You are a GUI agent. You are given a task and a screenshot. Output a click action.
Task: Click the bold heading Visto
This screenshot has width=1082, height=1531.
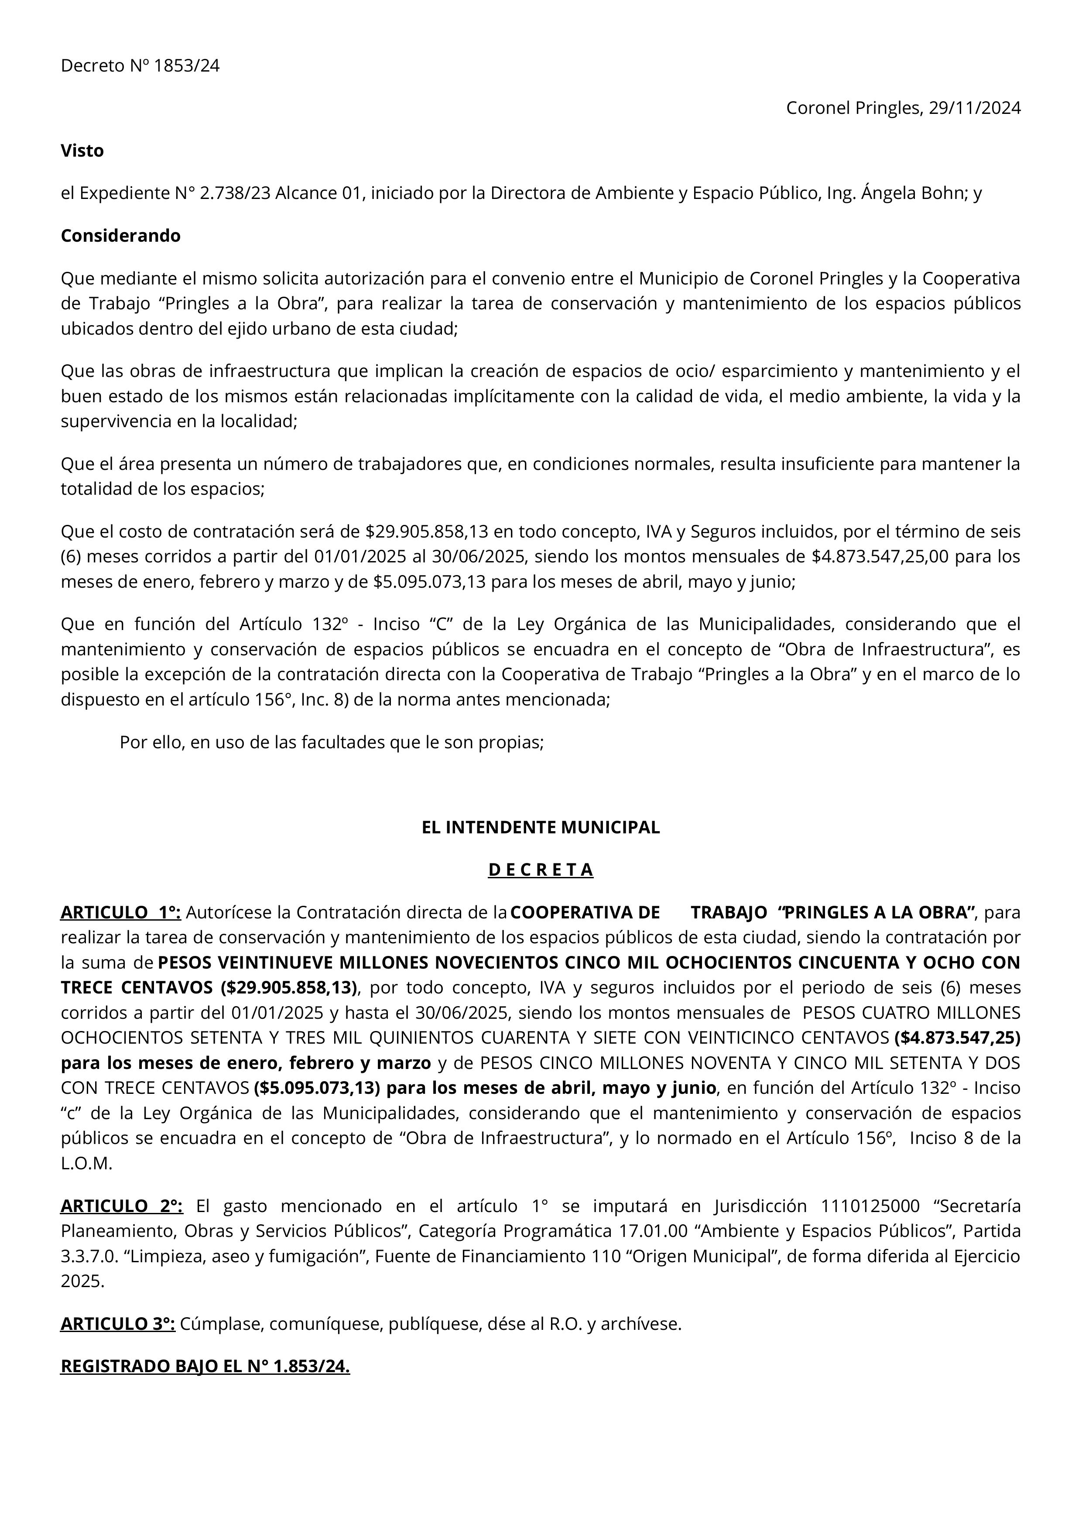click(82, 151)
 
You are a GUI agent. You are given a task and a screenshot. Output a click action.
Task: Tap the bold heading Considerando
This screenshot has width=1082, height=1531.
click(121, 236)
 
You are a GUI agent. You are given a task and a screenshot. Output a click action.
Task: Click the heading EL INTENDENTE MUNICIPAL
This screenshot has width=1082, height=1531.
click(541, 828)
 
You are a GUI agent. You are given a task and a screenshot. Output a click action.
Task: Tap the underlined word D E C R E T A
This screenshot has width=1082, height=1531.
click(541, 870)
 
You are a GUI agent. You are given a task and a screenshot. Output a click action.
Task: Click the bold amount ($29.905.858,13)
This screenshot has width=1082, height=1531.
click(289, 987)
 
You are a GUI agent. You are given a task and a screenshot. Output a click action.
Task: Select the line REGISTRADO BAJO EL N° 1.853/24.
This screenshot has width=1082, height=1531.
click(205, 1367)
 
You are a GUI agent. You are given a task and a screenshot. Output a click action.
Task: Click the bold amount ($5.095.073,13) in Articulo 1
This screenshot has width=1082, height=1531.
click(317, 1088)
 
